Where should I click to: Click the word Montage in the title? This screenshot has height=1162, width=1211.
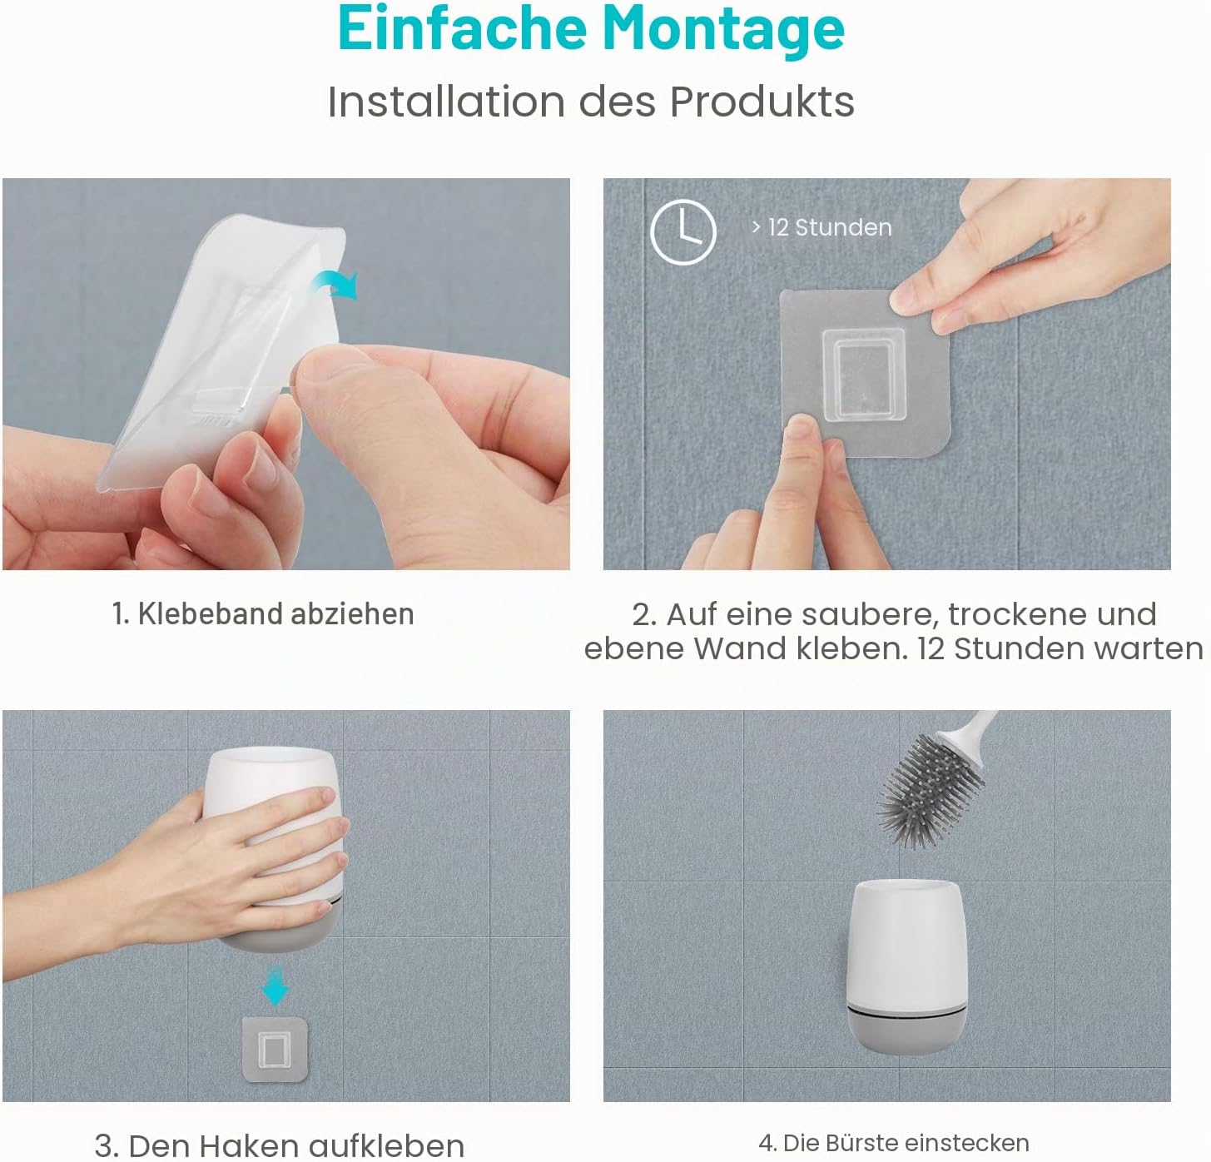coord(724,29)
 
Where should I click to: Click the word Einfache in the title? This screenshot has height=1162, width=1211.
coord(463,28)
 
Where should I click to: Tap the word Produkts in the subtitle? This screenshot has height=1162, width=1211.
coord(762,102)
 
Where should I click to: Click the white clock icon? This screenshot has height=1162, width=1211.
coord(683,232)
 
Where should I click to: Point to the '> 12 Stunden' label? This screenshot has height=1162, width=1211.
coord(821,228)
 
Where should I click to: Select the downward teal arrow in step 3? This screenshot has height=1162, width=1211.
coord(275,986)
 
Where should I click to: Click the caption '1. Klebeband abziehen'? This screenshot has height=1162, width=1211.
coord(263,613)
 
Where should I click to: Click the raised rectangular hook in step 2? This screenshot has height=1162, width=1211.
coord(863,375)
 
